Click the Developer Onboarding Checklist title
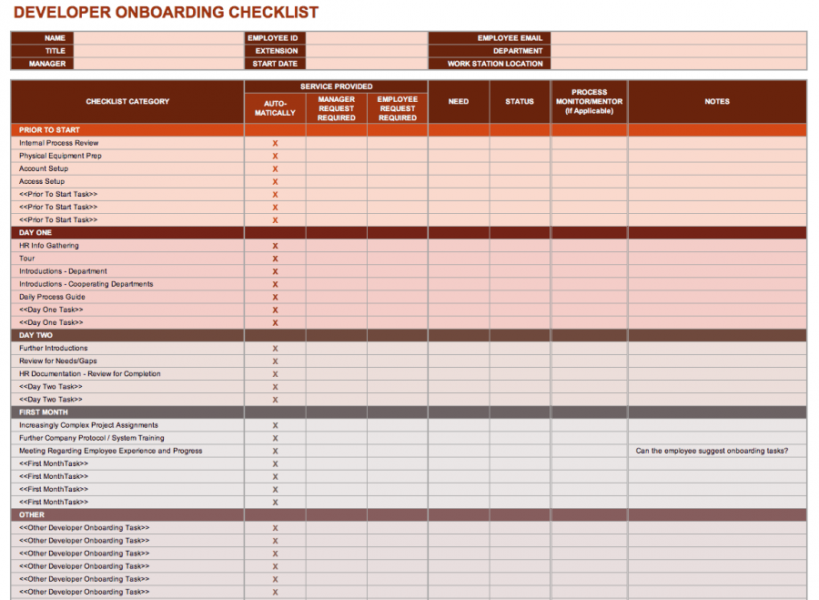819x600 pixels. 166,13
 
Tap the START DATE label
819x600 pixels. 275,64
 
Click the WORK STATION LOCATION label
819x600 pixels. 495,64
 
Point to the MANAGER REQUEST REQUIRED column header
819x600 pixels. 337,108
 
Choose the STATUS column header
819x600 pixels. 520,101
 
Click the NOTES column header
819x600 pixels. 717,101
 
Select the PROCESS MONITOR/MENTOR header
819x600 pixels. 589,101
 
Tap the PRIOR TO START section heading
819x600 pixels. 49,130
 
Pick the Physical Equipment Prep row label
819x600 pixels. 60,156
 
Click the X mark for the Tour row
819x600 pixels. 275,259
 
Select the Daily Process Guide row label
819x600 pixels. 52,297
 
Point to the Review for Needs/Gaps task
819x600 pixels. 58,361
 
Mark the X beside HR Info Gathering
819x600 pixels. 275,246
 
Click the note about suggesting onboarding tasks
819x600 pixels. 712,451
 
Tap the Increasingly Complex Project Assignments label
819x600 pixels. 88,425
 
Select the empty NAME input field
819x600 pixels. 158,38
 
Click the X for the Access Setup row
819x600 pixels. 275,182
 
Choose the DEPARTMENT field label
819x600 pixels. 518,51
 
